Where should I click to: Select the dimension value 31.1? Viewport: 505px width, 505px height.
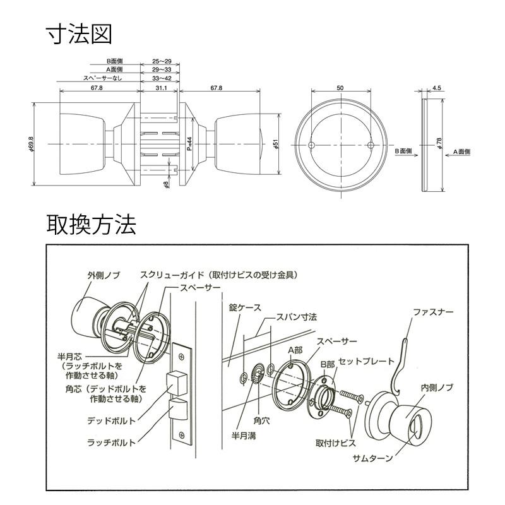click(x=160, y=88)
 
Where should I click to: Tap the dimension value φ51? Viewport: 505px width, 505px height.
click(x=276, y=145)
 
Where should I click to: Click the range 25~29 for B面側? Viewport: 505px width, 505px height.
click(x=161, y=62)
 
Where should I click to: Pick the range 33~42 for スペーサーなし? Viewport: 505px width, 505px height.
click(x=161, y=78)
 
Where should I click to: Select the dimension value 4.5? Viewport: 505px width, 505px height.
click(x=437, y=88)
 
